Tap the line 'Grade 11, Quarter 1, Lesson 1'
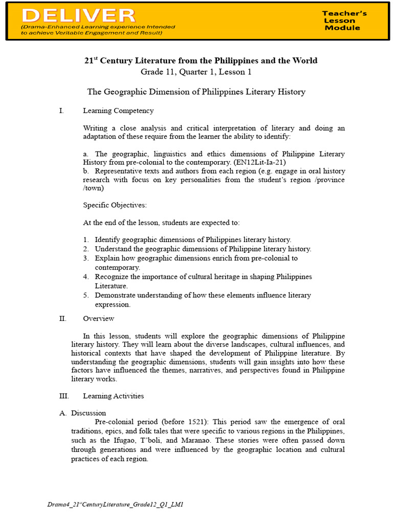point(196,72)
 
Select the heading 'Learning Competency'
point(118,111)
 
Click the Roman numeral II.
point(63,318)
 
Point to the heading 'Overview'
point(99,318)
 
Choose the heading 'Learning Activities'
point(113,396)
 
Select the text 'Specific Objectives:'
point(115,205)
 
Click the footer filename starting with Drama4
point(115,505)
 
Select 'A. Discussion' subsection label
point(89,413)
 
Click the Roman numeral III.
point(64,396)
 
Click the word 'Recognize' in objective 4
point(111,277)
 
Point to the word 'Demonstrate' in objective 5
point(115,295)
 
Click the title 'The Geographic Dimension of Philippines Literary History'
point(196,92)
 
